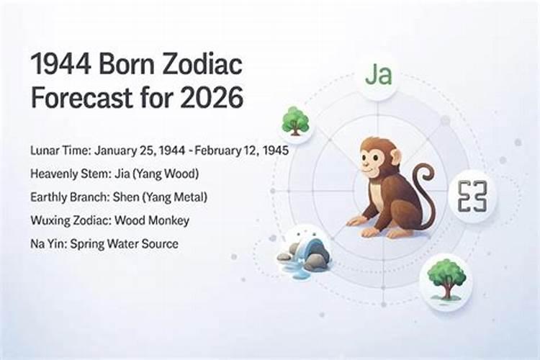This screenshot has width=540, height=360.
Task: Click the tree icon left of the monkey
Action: pyautogui.click(x=295, y=120)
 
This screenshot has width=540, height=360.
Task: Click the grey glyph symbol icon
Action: pyautogui.click(x=473, y=197)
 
